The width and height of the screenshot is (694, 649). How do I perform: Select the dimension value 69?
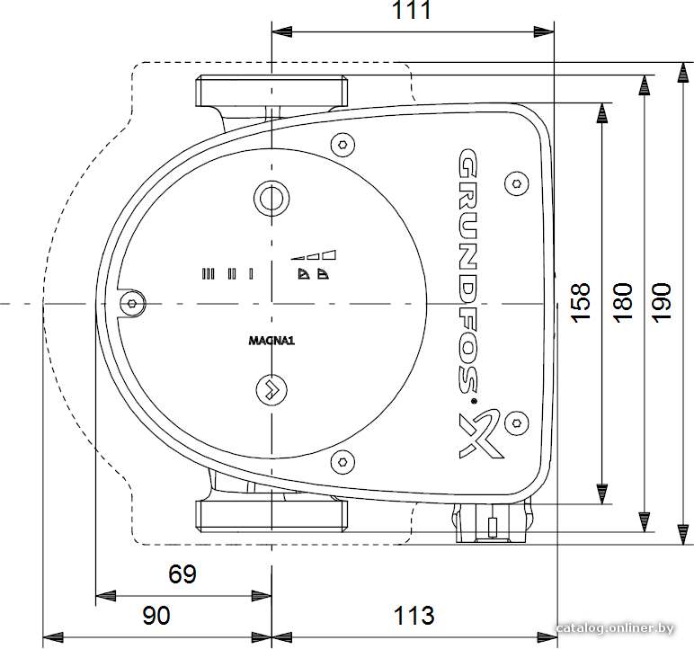(x=182, y=574)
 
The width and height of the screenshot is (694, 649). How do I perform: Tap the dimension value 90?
(x=156, y=616)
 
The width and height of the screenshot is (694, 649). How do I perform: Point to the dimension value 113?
(x=414, y=616)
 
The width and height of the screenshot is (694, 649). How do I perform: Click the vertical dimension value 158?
(x=580, y=302)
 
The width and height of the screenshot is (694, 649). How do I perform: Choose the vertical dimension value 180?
(x=623, y=302)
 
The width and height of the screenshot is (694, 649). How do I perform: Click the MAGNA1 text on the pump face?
(x=271, y=341)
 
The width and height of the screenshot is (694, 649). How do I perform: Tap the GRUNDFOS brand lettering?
(x=467, y=271)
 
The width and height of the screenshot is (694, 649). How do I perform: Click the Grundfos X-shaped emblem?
(x=480, y=434)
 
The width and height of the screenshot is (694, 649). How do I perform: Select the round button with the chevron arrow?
(x=271, y=389)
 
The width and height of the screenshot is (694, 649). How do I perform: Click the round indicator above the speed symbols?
(x=271, y=199)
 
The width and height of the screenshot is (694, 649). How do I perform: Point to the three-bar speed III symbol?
(x=208, y=274)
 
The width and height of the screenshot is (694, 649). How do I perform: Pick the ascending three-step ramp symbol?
(x=313, y=254)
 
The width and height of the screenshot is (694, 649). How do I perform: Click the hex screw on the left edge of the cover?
(x=132, y=303)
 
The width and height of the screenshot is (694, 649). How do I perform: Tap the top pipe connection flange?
(x=271, y=91)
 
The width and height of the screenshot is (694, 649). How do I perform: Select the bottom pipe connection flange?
(x=271, y=516)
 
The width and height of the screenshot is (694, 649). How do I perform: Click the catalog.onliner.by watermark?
(x=615, y=627)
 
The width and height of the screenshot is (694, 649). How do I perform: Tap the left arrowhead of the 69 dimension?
(x=106, y=595)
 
